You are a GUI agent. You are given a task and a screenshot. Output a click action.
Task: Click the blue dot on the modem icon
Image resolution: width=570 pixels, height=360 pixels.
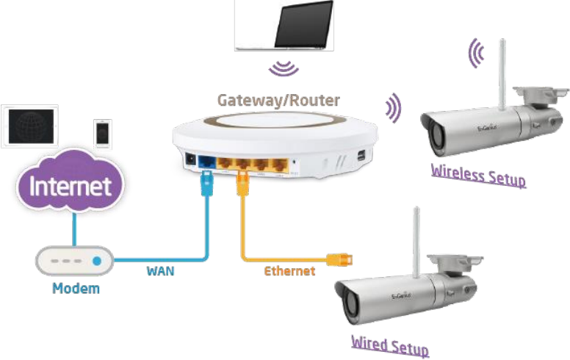coord(95,261)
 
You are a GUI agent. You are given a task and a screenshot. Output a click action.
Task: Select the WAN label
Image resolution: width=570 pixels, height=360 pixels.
coord(161,270)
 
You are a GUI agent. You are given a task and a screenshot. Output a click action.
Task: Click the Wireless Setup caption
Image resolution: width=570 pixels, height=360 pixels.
coord(478,175)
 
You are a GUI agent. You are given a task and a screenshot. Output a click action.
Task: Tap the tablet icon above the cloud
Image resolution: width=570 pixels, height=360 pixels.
coord(30,126)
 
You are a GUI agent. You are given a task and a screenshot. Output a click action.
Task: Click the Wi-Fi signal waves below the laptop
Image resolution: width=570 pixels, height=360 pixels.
coord(283,69)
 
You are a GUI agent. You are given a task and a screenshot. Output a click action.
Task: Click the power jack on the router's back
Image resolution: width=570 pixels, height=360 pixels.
coord(190,159)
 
